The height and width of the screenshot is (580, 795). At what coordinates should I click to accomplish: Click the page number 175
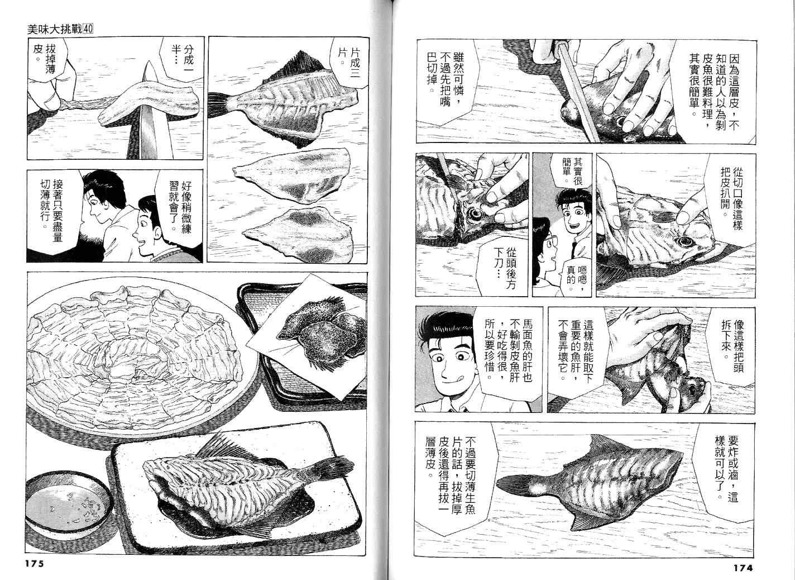tap(35, 563)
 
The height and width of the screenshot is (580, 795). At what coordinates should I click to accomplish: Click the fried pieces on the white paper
tap(321, 334)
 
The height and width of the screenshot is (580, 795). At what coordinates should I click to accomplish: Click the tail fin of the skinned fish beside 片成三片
tap(220, 103)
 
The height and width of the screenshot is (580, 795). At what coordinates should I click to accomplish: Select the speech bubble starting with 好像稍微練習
tap(181, 206)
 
